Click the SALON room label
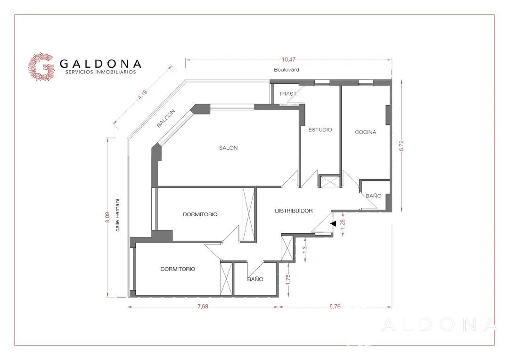(x=228, y=147)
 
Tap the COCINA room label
(x=366, y=132)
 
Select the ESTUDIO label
(x=320, y=130)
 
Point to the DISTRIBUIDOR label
(x=294, y=211)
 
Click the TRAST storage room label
(x=288, y=94)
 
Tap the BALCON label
(x=166, y=118)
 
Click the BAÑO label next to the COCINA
(x=373, y=196)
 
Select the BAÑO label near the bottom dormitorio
(x=255, y=279)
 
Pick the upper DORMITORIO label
(x=200, y=214)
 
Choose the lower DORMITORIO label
(x=178, y=269)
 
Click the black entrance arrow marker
(x=333, y=223)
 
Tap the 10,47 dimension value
(x=288, y=59)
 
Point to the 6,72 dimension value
(x=402, y=146)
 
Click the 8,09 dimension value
(x=107, y=217)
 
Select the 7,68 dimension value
(x=203, y=306)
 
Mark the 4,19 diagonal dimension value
(x=142, y=94)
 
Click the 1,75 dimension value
(x=288, y=280)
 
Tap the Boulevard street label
(x=287, y=69)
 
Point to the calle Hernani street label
(x=117, y=215)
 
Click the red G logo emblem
(x=41, y=66)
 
